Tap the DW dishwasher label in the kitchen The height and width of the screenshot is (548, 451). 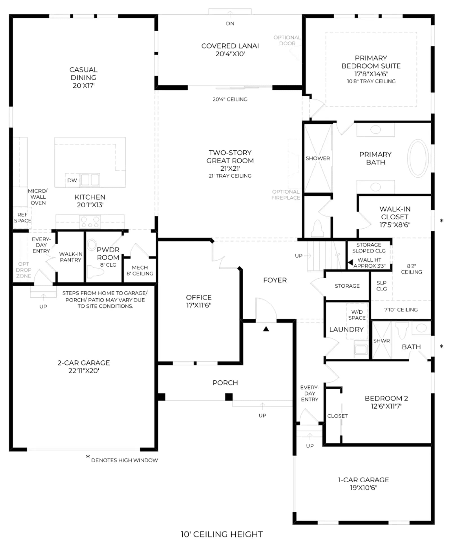point(72,180)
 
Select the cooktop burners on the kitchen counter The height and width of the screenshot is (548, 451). point(90,222)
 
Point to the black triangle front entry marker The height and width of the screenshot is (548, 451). point(266,329)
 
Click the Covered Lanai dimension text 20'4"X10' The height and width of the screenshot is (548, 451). point(230,54)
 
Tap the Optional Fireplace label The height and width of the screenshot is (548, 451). point(286,195)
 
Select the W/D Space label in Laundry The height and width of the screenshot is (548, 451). point(357,315)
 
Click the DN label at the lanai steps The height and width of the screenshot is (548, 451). point(230,23)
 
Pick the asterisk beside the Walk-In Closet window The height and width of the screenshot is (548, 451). point(441,221)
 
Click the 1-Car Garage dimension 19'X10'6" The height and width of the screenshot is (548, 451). point(364,488)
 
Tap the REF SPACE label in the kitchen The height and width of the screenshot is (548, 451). point(23,218)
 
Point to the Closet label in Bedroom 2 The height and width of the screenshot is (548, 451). point(337,416)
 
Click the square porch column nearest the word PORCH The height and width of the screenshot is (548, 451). point(229,397)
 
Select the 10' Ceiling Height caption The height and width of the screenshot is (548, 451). point(222,534)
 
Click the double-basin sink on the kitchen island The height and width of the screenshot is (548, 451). point(90,180)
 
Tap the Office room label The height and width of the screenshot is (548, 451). point(199,297)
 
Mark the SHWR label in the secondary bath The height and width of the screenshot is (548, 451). point(381,341)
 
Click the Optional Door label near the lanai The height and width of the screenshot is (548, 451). point(287,40)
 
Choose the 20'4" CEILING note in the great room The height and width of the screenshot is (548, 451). point(230,99)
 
